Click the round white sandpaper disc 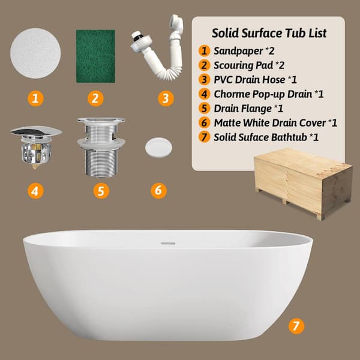[36, 53]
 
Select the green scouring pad [95, 56]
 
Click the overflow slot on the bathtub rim [168, 243]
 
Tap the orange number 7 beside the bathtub [295, 326]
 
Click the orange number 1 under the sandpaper [36, 98]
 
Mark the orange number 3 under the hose [166, 98]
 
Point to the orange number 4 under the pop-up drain [36, 191]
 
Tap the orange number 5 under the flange [101, 191]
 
